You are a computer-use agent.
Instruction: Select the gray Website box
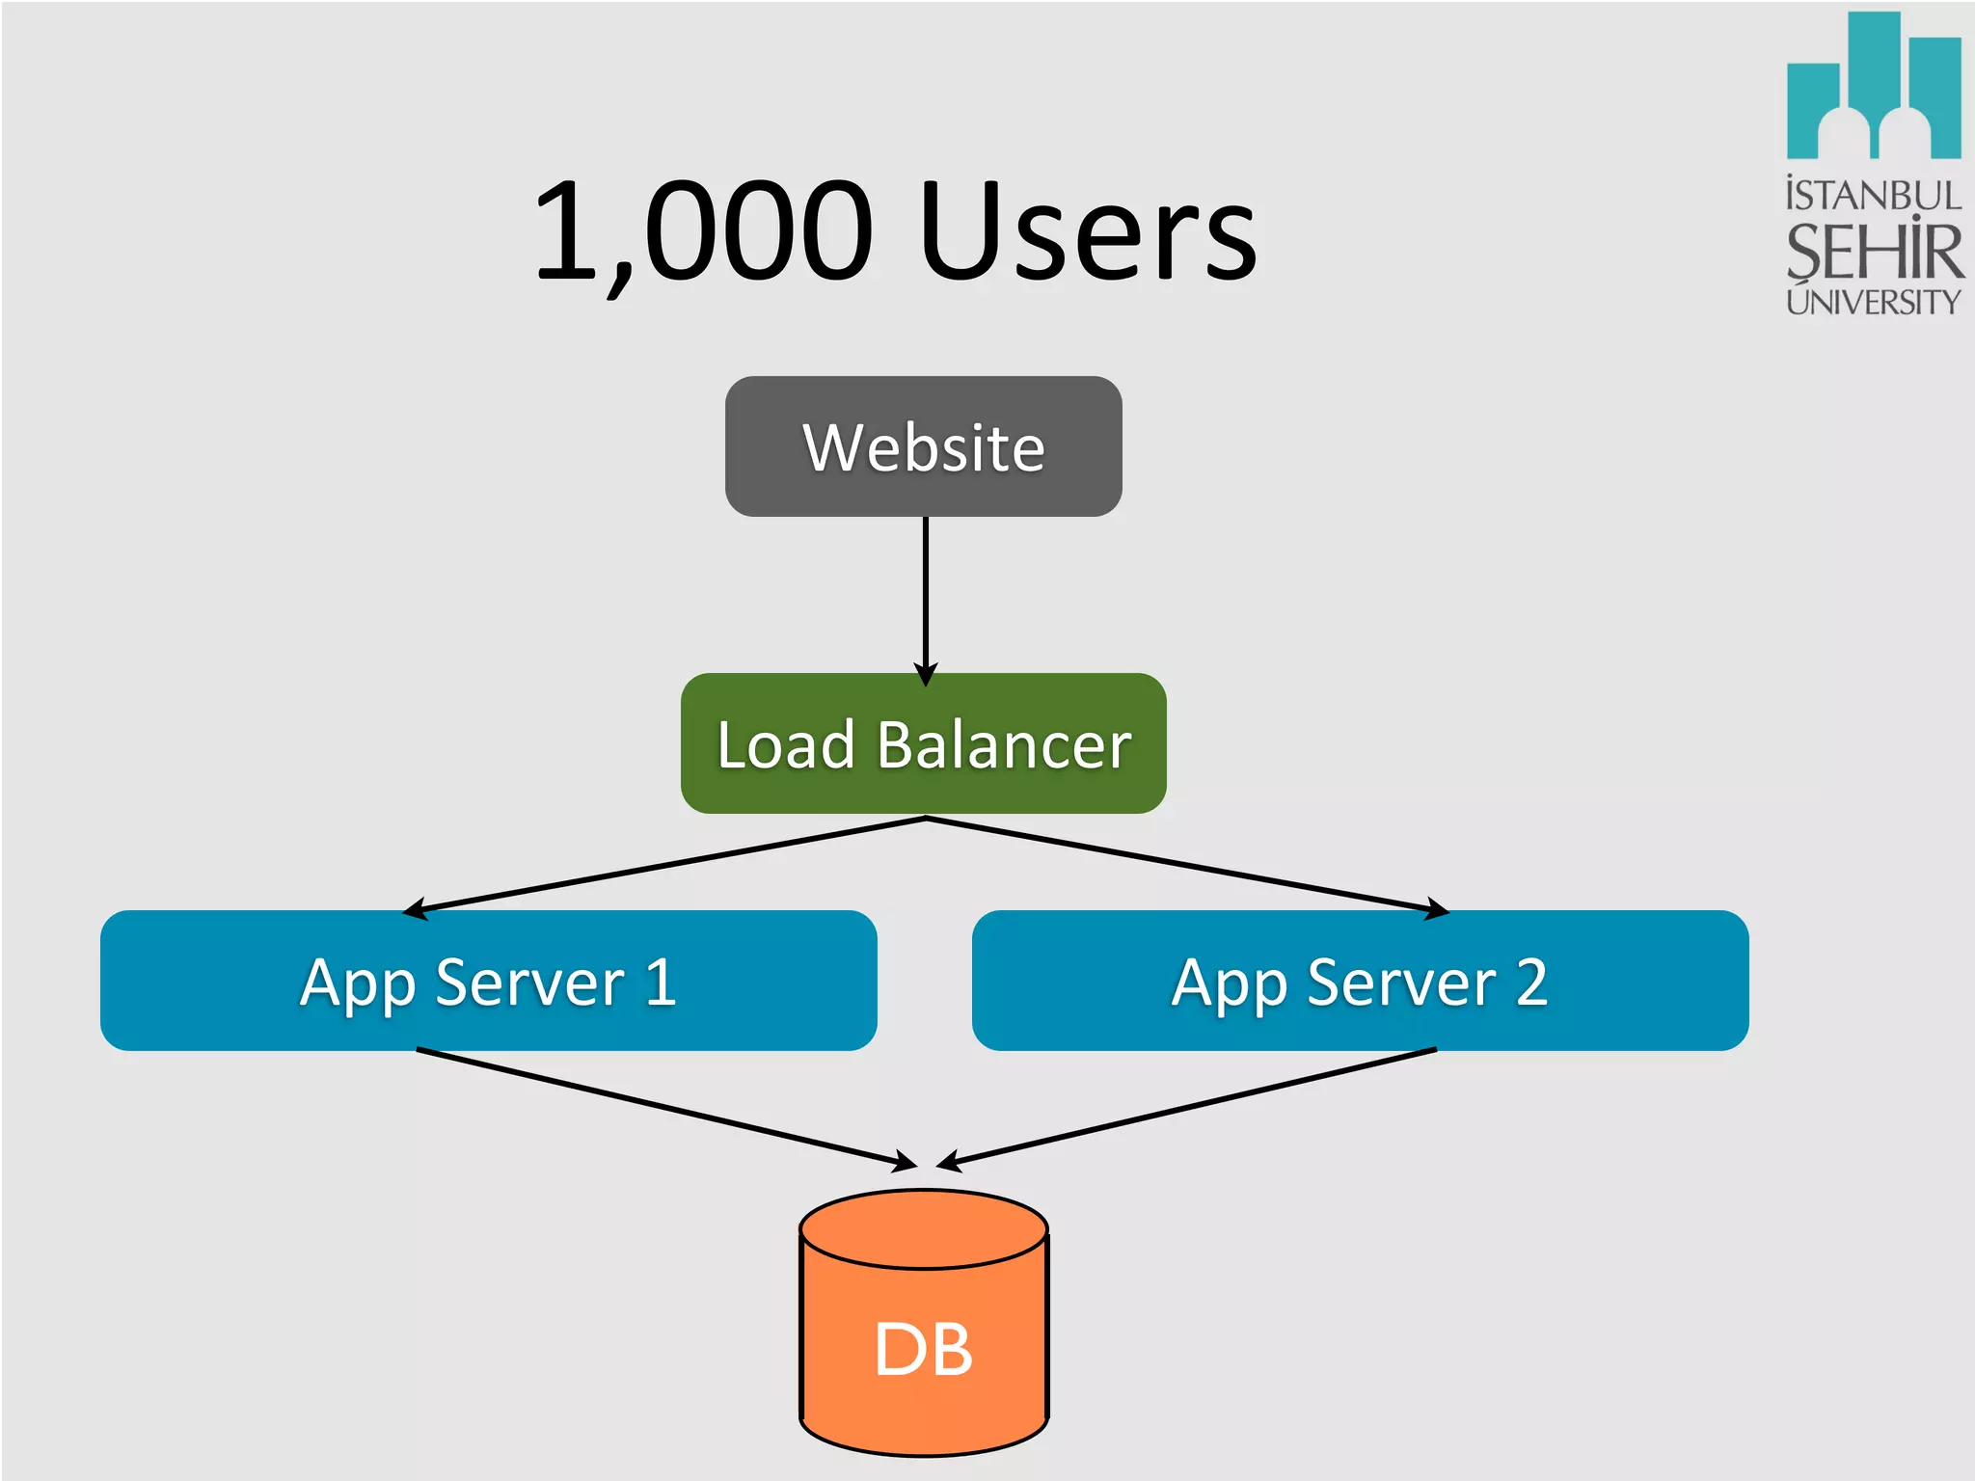[923, 446]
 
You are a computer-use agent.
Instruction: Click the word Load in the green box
[786, 745]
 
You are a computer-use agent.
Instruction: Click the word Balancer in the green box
[1003, 745]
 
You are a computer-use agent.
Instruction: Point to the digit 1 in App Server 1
[661, 982]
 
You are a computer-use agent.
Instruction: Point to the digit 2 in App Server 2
[1531, 982]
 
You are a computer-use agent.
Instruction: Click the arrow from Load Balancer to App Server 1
[665, 864]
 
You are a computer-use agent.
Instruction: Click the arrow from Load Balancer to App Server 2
[1186, 864]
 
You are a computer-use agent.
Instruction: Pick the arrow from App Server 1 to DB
[665, 1109]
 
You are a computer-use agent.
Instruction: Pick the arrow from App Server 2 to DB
[1186, 1109]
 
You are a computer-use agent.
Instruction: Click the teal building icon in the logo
[1873, 87]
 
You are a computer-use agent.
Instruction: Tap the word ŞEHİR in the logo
[1873, 251]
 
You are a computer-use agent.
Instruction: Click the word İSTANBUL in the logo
[1873, 196]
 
